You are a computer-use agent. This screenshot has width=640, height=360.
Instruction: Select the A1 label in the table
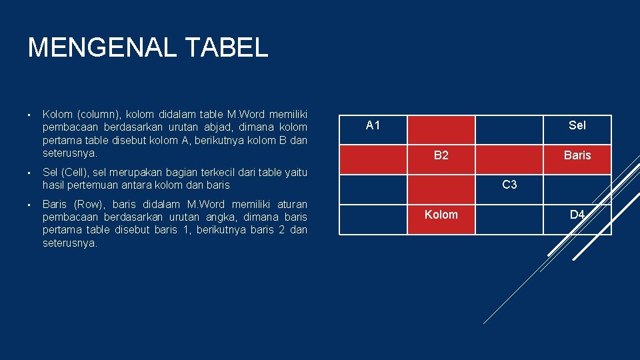373,125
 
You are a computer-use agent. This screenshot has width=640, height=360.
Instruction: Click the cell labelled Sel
577,125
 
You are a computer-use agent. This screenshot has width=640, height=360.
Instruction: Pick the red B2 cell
441,155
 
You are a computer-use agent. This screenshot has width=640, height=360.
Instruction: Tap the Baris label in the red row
577,155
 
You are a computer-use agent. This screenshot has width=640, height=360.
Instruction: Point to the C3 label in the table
509,185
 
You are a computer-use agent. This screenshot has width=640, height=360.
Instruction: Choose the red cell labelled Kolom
441,215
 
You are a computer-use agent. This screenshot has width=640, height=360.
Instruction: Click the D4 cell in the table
577,215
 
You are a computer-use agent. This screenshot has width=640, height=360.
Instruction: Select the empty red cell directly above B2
441,129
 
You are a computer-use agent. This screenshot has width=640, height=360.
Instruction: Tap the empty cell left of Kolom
373,219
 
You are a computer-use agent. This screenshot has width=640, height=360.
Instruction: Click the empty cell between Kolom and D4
509,219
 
